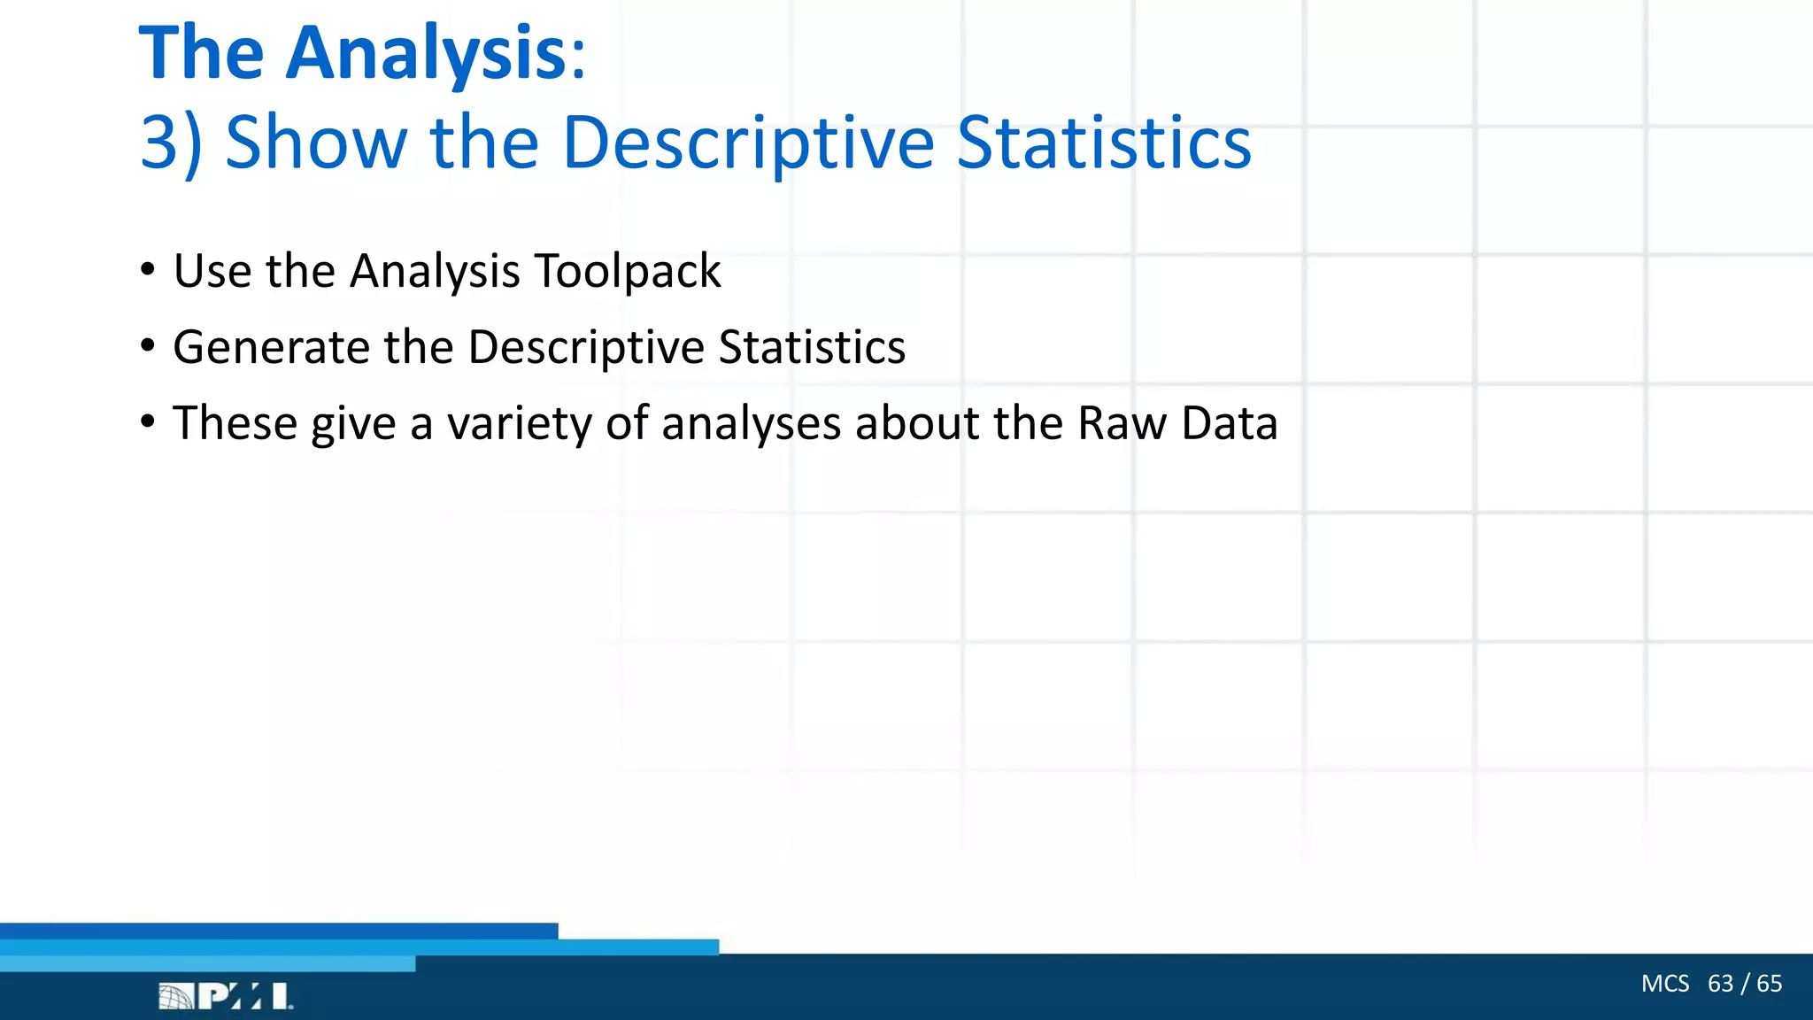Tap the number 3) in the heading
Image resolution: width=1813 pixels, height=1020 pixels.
(x=171, y=143)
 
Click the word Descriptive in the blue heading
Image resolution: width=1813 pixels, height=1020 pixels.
(x=748, y=143)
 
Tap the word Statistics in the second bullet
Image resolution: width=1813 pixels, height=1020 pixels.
(x=812, y=347)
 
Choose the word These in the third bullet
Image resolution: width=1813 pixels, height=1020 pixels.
(x=235, y=423)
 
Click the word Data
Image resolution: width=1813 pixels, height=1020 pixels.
(x=1230, y=423)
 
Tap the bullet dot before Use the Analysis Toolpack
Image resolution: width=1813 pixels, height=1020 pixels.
(x=148, y=269)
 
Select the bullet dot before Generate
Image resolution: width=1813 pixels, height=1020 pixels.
(x=148, y=345)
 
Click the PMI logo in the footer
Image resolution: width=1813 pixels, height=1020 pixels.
(x=226, y=996)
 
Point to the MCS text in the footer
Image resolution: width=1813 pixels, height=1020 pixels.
(x=1664, y=984)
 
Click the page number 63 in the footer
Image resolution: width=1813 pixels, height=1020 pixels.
(x=1720, y=984)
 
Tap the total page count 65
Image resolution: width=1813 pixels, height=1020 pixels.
(x=1769, y=984)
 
